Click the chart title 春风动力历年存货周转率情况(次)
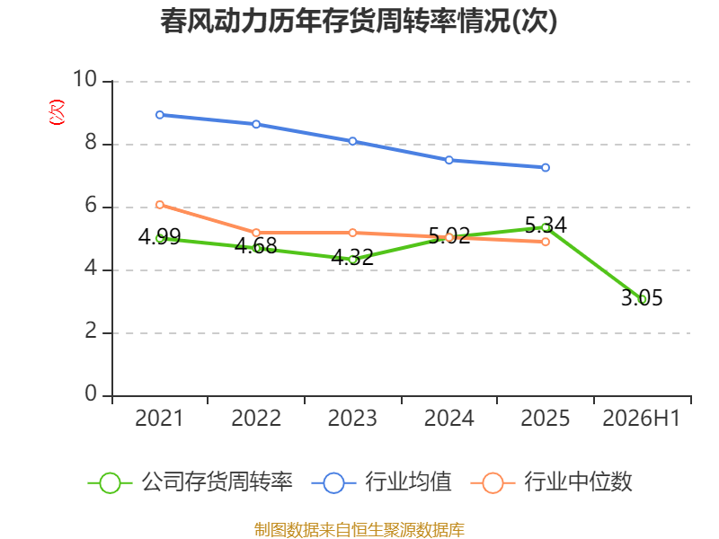coord(359,22)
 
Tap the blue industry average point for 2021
coord(160,115)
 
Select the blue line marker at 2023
coord(352,141)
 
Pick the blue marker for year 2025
coord(546,168)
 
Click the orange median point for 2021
coord(160,205)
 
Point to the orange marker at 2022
coord(256,233)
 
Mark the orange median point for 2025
coord(546,242)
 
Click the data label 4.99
coord(160,236)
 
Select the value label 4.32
coord(352,258)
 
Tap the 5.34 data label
coord(546,225)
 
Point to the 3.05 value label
coord(642,298)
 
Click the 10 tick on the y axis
coord(84,79)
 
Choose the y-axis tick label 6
coord(91,206)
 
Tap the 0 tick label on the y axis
coord(91,393)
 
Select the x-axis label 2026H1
coord(641,419)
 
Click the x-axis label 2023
coord(352,419)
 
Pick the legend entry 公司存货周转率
coord(191,482)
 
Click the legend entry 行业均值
coord(381,482)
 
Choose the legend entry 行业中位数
coord(552,482)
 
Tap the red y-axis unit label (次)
coord(57,112)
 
